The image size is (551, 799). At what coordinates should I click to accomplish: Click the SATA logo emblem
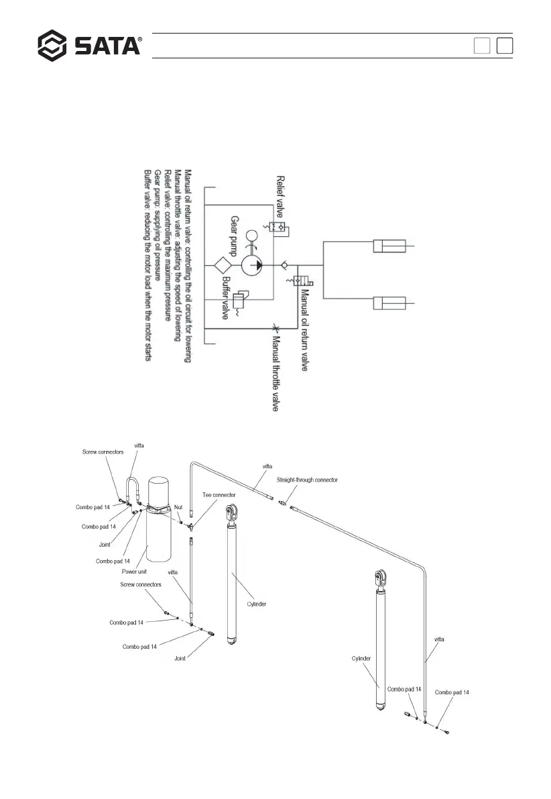point(53,45)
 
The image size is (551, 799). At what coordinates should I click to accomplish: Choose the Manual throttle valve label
point(275,370)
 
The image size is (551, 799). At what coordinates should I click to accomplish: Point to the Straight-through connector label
point(307,480)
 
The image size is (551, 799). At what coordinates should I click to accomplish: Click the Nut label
point(178,508)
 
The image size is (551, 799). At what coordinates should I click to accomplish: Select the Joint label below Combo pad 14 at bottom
point(180,659)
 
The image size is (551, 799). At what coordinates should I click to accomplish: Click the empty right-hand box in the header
point(505,46)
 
